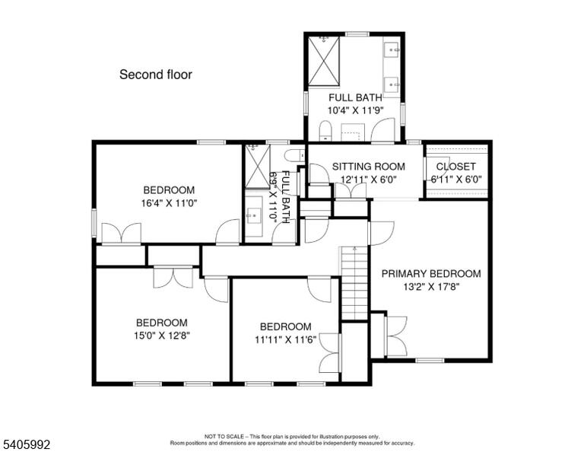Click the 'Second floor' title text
156,75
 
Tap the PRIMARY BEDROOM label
431,274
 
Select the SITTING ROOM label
368,167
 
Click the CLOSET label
456,167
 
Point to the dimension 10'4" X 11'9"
355,110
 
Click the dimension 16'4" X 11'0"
169,203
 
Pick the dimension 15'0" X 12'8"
162,336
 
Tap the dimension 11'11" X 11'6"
285,340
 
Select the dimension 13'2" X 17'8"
431,287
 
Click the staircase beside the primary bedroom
355,283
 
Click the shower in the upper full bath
324,61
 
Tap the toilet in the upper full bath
325,131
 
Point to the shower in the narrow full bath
257,166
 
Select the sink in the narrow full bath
254,215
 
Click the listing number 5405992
27,444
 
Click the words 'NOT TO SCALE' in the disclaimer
224,436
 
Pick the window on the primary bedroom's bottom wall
430,361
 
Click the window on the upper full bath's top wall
357,34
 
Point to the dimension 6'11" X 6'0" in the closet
456,180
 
